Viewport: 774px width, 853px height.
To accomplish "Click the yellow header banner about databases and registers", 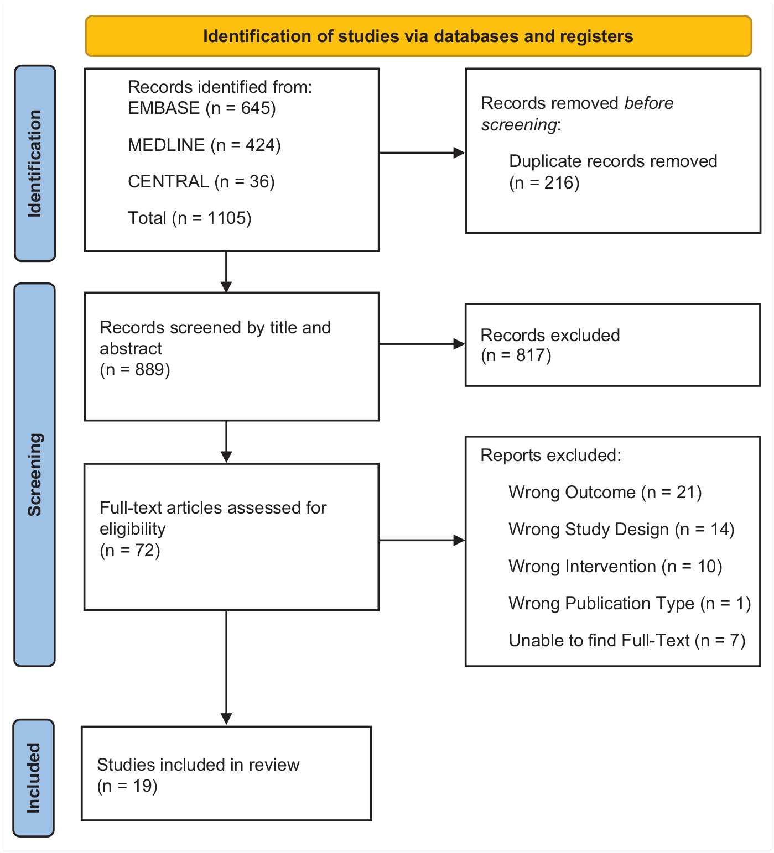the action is click(418, 36).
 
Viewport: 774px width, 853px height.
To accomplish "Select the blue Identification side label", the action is click(35, 163).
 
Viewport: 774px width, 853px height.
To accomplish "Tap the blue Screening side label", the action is click(35, 475).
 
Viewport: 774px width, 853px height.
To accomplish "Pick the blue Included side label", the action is click(33, 778).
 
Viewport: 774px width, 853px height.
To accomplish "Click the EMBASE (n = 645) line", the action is click(202, 108).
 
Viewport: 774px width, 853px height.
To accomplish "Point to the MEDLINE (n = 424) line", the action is click(204, 145).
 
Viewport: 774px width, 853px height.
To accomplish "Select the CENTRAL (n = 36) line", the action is click(201, 181).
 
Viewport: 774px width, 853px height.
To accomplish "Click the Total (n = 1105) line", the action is click(190, 218).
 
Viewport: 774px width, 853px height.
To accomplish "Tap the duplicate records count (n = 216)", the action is click(544, 182).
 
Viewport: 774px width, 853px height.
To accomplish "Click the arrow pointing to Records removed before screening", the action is click(422, 153).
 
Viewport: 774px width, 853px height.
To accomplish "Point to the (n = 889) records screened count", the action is click(135, 369).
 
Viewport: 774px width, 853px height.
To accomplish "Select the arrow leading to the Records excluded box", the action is click(422, 344).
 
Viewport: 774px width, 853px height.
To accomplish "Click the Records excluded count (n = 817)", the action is click(516, 355).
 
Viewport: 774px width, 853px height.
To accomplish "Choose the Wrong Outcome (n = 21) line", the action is click(605, 492).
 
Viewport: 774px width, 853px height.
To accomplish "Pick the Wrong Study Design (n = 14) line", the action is click(621, 529).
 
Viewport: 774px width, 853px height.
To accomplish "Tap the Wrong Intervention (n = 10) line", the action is click(615, 566).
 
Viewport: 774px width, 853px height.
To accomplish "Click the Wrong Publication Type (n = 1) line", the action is click(630, 603).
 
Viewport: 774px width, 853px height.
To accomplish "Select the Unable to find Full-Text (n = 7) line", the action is click(627, 640).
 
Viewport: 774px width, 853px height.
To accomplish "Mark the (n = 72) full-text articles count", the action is click(130, 550).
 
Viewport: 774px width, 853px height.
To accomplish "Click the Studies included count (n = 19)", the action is click(127, 786).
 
